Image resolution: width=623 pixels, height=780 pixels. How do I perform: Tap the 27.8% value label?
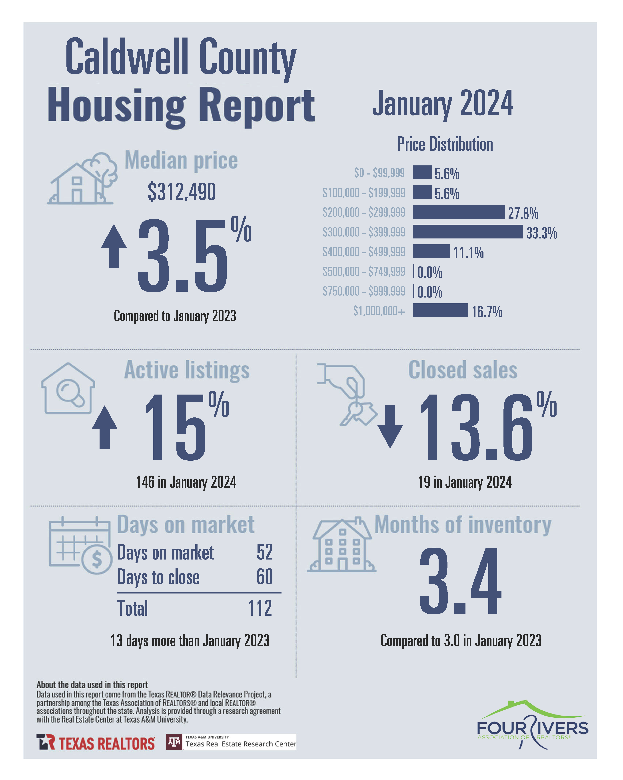(x=523, y=213)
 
